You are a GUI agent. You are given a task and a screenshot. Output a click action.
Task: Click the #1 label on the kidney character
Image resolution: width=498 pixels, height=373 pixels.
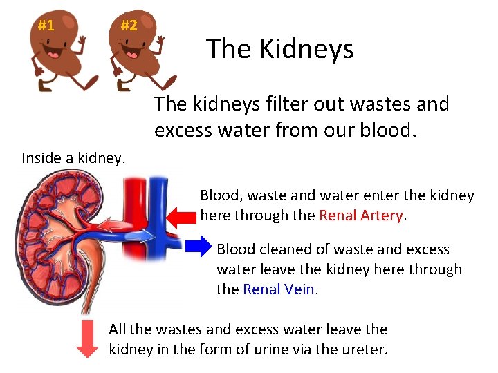(x=46, y=26)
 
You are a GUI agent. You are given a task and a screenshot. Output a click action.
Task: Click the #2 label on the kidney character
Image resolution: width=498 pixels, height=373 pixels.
(x=129, y=26)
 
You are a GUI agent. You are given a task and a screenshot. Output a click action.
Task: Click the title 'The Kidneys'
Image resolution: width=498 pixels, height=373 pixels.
(x=279, y=49)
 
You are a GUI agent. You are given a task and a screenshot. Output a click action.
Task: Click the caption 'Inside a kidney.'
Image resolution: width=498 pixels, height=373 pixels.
(x=73, y=157)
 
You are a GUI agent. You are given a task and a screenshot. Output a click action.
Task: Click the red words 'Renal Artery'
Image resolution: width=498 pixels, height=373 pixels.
(x=361, y=215)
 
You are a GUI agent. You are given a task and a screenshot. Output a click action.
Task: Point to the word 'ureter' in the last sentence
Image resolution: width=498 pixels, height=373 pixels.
(x=362, y=349)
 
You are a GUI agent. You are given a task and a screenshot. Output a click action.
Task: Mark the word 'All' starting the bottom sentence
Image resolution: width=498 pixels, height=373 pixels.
(x=118, y=329)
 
